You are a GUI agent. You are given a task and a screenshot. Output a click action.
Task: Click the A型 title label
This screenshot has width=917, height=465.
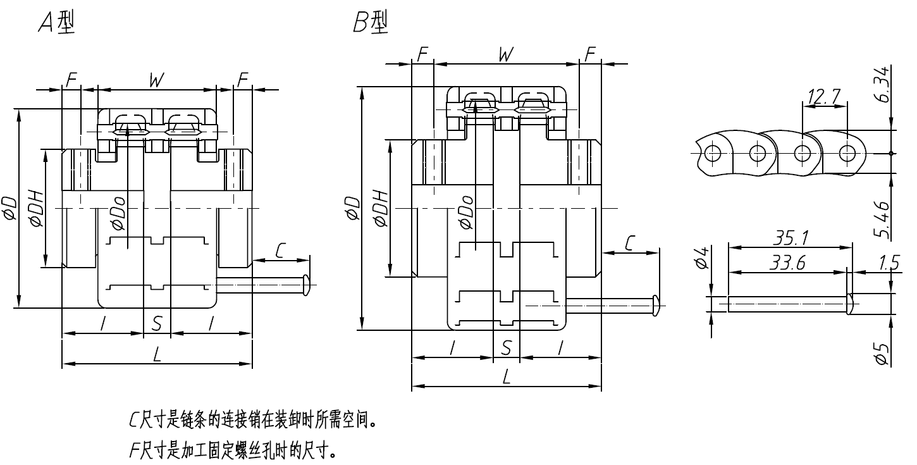(x=56, y=23)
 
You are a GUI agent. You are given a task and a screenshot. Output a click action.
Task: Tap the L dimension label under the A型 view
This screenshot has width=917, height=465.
(x=156, y=354)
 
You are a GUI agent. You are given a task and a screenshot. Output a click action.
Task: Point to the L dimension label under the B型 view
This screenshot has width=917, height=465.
(x=506, y=378)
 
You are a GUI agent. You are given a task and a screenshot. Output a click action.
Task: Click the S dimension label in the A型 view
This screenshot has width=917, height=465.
(x=157, y=324)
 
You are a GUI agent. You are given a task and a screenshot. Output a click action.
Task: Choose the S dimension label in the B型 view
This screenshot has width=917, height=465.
(x=506, y=347)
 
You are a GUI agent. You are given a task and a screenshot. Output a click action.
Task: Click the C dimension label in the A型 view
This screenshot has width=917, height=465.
(x=280, y=251)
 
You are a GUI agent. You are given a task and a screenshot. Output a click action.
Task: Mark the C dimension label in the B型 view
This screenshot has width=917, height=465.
(x=631, y=244)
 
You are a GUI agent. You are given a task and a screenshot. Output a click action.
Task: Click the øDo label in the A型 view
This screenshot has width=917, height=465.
(x=117, y=209)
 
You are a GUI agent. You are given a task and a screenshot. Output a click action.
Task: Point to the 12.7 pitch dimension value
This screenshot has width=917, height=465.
(x=823, y=96)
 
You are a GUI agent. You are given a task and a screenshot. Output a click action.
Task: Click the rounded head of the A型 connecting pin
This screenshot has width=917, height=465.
(x=307, y=284)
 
